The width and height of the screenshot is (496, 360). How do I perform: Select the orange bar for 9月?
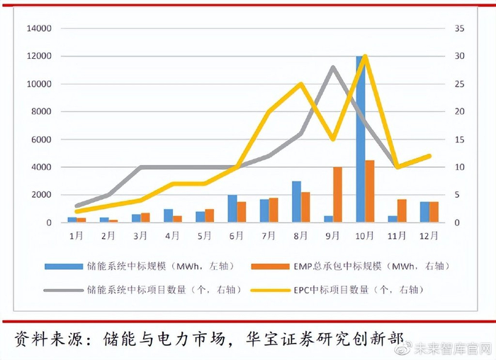point(338,195)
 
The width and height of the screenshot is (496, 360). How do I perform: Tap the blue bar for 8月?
point(296,202)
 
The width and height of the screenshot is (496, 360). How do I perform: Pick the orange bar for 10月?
point(370,191)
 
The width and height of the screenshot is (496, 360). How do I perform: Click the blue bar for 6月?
point(232,209)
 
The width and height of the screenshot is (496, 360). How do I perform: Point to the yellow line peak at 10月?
point(365,56)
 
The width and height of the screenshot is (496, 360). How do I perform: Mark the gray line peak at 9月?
point(333,67)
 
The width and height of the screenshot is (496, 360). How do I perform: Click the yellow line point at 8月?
point(301,84)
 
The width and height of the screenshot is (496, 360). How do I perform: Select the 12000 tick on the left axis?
point(40,57)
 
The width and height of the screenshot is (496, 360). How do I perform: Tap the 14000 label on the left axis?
point(40,29)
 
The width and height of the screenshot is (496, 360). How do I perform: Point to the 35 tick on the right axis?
point(459,29)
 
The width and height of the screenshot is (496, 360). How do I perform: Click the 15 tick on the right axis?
point(459,140)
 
